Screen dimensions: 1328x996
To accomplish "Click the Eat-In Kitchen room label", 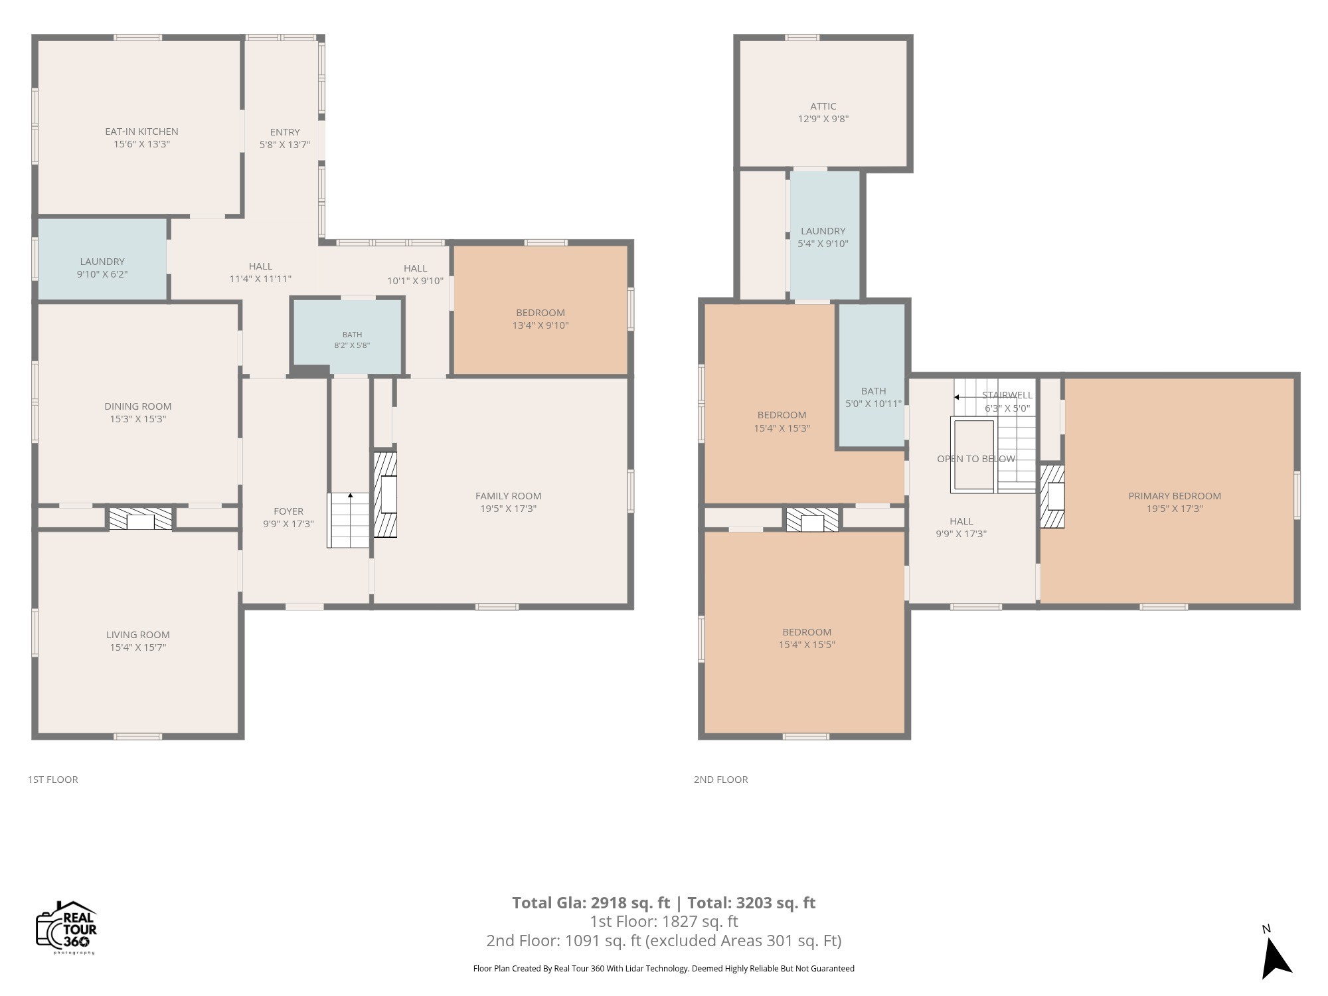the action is [141, 131].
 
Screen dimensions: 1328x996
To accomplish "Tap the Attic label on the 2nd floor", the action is [823, 106].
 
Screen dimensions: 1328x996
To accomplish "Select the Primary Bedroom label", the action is [1175, 496].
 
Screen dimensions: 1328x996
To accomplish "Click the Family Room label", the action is [509, 496].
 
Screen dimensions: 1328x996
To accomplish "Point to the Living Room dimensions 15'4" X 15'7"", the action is [138, 647].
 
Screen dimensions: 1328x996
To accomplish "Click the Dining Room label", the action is [138, 406].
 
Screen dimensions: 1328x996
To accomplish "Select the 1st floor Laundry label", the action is [102, 262].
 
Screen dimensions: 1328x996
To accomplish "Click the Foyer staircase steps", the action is [348, 520].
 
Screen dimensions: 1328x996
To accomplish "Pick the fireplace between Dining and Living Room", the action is [140, 519].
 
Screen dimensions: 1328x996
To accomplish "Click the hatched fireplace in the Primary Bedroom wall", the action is [1052, 496].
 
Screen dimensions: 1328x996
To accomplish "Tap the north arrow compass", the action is [1274, 954].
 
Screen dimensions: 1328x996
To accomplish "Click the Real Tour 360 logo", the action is [66, 928].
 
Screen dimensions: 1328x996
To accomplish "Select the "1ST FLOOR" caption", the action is [53, 780].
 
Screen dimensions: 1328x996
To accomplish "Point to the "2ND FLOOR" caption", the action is [721, 780].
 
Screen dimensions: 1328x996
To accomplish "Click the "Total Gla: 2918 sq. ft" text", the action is [591, 903].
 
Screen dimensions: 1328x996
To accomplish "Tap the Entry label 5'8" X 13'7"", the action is [285, 138].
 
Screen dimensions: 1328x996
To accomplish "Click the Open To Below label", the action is [976, 459].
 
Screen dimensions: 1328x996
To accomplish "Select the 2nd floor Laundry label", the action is [823, 231].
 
